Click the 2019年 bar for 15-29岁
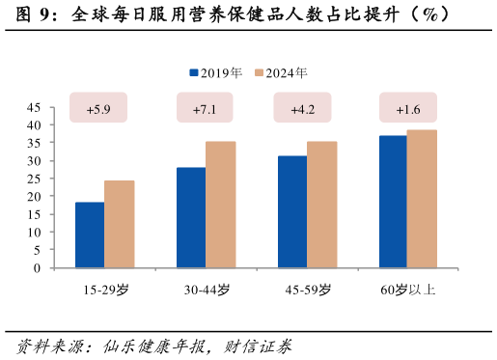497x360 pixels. point(90,235)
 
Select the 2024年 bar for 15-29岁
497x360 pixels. point(119,224)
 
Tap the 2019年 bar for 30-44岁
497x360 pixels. point(191,217)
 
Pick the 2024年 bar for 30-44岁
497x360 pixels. point(220,205)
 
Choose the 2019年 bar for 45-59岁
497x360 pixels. point(292,211)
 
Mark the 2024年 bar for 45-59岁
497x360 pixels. point(321,205)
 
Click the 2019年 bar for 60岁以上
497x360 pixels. point(393,202)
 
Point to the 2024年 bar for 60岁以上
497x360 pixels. point(422,199)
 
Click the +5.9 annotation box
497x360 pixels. point(99,108)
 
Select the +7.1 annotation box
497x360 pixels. point(205,108)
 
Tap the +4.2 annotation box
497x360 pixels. point(303,108)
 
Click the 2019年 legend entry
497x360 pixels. point(216,72)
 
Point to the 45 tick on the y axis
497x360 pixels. point(34,107)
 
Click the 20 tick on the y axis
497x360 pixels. point(34,197)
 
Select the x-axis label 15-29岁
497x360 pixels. point(105,289)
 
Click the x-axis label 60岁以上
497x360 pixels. point(408,289)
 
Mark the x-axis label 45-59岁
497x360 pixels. point(308,289)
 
